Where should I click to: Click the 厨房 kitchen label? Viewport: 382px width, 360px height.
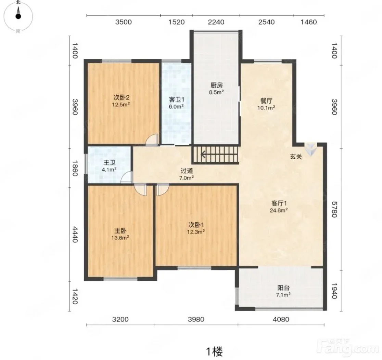point(217,85)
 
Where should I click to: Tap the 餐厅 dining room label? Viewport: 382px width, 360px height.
point(266,101)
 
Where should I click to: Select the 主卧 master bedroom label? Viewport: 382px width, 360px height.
point(120,231)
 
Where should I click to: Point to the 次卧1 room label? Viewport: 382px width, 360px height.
point(196,225)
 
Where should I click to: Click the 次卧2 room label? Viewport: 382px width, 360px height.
point(121,97)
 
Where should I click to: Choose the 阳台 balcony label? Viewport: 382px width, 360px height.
point(283,288)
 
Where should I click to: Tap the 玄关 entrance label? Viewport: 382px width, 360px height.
point(296,157)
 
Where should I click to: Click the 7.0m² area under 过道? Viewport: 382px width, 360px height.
point(187,178)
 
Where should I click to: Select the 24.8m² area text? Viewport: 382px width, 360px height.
point(279,210)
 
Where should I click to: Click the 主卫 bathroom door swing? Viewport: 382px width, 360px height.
point(127,177)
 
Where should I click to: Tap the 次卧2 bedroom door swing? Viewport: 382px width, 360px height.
point(152,140)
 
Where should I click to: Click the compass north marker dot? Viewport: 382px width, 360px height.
point(18,16)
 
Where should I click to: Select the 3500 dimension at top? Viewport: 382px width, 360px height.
point(124,22)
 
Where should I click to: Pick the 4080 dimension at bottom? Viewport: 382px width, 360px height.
point(281,319)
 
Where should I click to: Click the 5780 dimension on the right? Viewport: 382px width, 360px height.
point(334,209)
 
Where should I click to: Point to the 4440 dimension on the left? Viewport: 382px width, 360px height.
point(75,235)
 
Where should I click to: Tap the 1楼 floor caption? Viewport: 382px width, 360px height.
point(214,351)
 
